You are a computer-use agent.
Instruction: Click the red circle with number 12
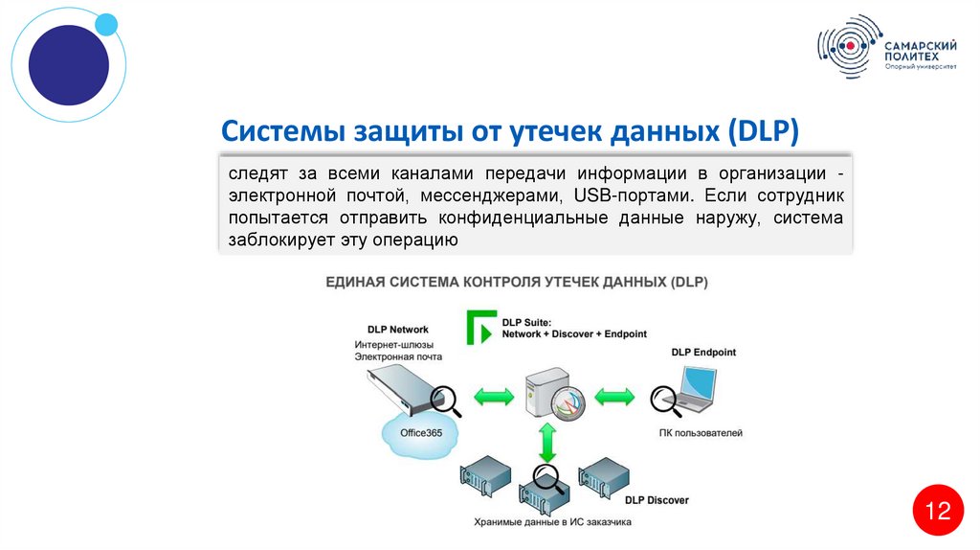pyautogui.click(x=937, y=511)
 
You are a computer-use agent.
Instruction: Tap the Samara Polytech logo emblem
pyautogui.click(x=847, y=47)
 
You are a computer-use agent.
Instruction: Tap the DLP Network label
pyautogui.click(x=397, y=330)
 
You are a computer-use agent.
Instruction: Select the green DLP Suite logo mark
pyautogui.click(x=479, y=327)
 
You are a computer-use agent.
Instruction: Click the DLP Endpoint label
pyautogui.click(x=702, y=353)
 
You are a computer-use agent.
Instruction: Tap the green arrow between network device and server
pyautogui.click(x=494, y=396)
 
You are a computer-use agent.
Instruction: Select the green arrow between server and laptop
pyautogui.click(x=614, y=396)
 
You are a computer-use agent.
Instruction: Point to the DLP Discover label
pyautogui.click(x=656, y=500)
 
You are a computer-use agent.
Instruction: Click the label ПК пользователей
pyautogui.click(x=701, y=433)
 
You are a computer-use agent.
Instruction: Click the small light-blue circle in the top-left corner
pyautogui.click(x=106, y=24)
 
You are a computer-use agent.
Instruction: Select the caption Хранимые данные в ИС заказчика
pyautogui.click(x=552, y=522)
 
